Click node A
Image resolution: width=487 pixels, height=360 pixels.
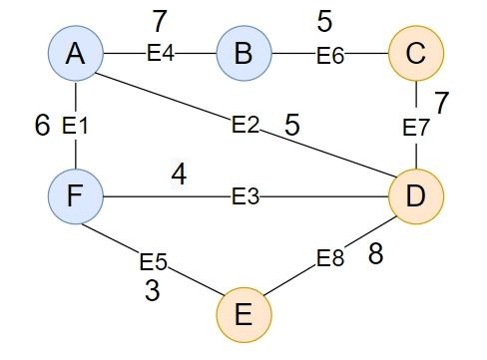click(75, 55)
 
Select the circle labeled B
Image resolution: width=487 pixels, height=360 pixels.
click(243, 55)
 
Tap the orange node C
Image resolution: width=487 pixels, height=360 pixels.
click(414, 55)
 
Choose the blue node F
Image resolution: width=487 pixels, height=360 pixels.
click(75, 194)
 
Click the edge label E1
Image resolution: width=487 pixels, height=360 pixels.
click(75, 126)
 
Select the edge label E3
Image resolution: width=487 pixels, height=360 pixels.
click(244, 195)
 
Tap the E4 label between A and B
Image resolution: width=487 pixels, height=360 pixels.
click(160, 55)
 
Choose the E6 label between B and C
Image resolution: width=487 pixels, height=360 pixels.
click(330, 55)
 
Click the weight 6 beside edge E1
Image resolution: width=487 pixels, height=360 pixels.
click(41, 125)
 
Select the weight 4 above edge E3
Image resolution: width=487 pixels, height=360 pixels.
click(178, 175)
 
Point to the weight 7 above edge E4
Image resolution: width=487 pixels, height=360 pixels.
click(160, 20)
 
